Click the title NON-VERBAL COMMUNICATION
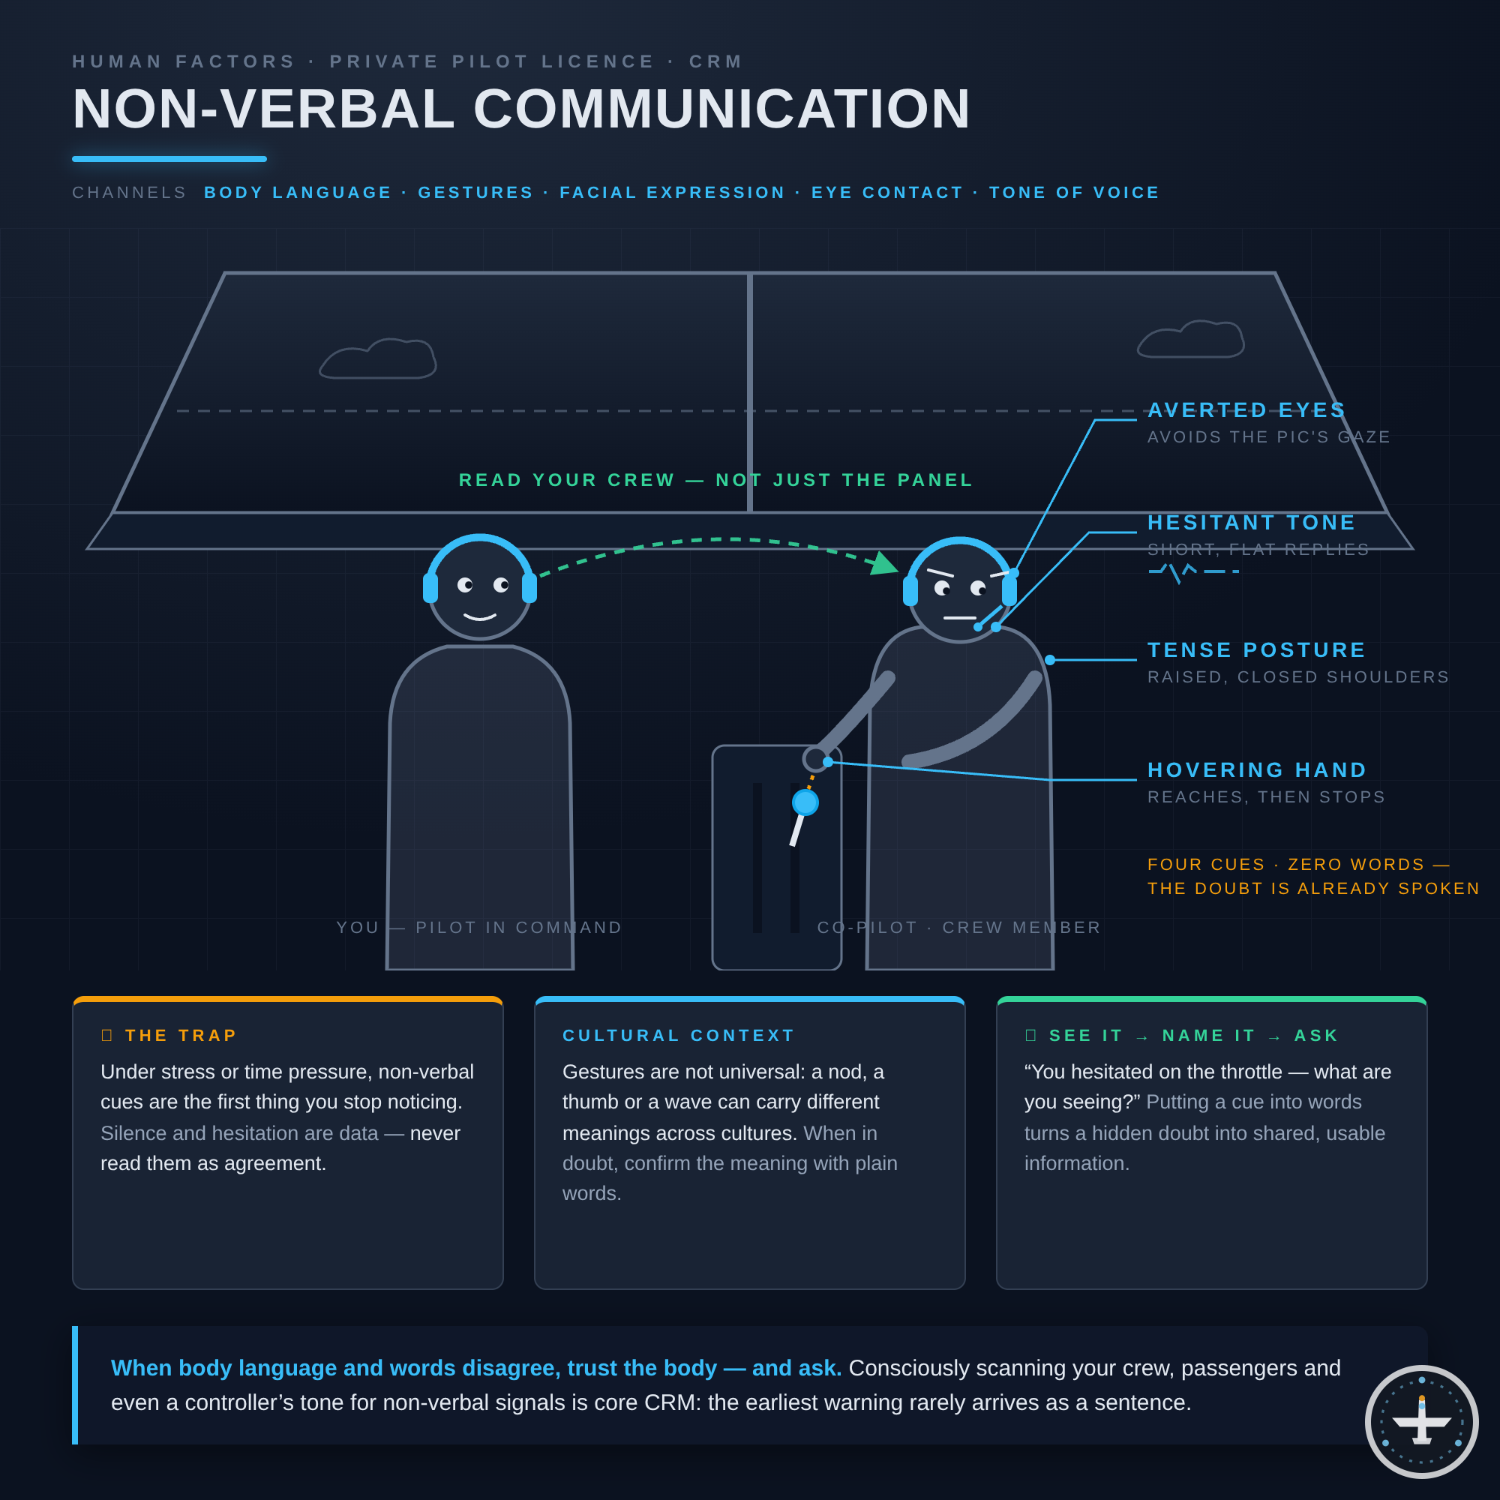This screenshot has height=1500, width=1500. (x=521, y=109)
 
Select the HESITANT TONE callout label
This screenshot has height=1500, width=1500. (x=1252, y=523)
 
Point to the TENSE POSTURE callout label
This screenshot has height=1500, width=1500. (x=1256, y=649)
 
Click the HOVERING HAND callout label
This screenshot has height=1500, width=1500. (x=1257, y=770)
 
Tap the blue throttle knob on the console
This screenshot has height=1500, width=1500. (x=805, y=802)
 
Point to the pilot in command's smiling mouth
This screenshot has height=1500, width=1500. (x=480, y=617)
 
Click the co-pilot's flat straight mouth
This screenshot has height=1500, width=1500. (x=960, y=618)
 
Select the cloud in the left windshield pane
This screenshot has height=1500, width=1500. (x=378, y=358)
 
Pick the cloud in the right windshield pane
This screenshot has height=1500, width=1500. (x=1191, y=338)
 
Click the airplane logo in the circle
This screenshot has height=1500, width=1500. (x=1421, y=1421)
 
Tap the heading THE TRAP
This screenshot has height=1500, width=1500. (x=181, y=1036)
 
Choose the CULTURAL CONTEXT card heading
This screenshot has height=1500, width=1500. (x=679, y=1036)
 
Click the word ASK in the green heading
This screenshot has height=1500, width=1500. (x=1317, y=1036)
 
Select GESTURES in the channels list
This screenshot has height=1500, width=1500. (x=476, y=193)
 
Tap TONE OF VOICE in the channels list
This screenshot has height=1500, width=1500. (x=1075, y=193)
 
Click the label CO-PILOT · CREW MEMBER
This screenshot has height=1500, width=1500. (x=958, y=928)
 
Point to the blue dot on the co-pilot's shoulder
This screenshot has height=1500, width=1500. (x=1050, y=660)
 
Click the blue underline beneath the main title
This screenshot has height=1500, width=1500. (x=169, y=159)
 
